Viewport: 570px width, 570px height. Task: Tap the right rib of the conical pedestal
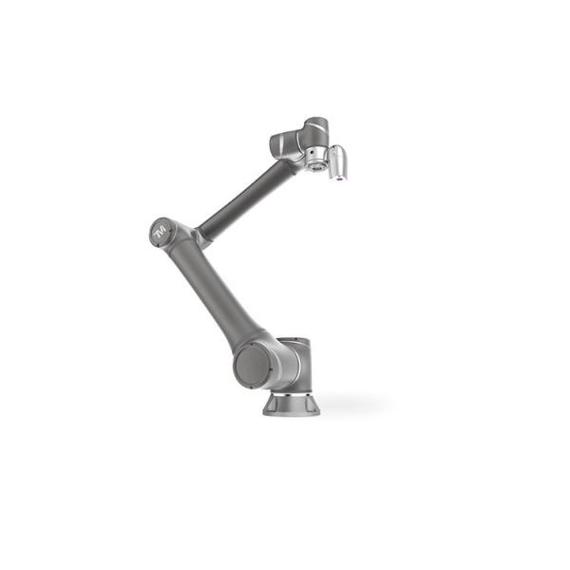click(x=313, y=404)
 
